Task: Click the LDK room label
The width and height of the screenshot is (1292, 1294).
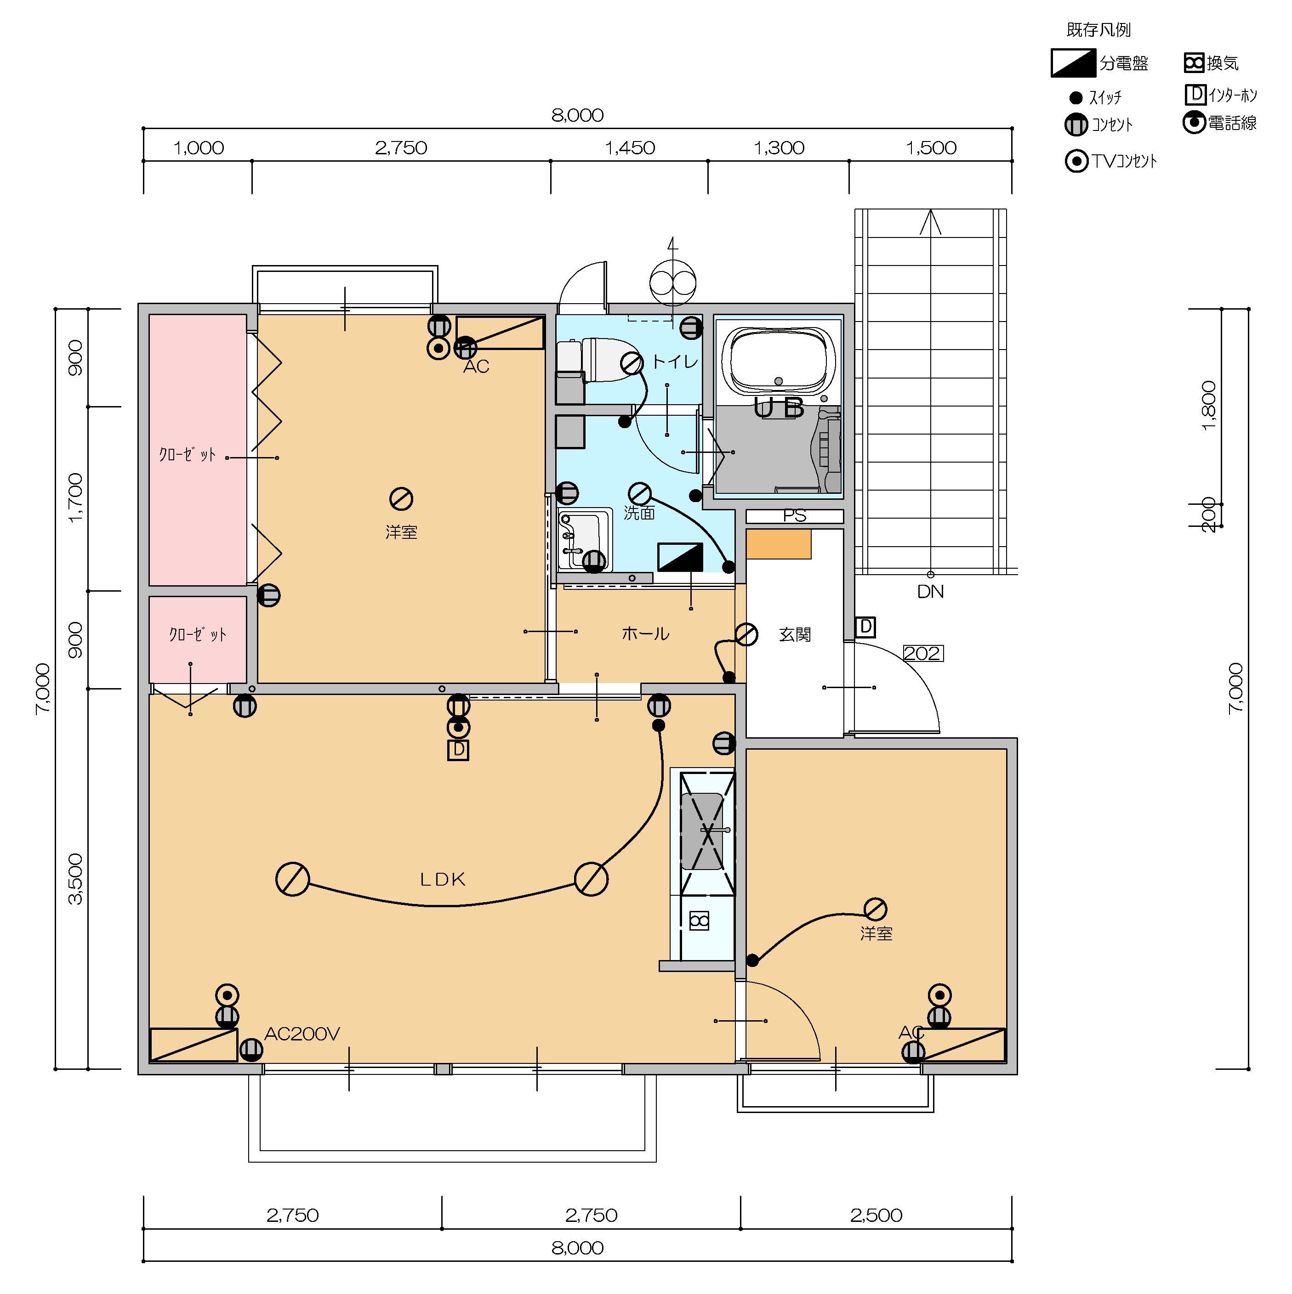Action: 442,879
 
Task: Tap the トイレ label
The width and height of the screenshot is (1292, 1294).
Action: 676,362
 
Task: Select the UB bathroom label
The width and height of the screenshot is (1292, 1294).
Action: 779,408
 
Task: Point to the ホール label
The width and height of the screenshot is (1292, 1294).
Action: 645,633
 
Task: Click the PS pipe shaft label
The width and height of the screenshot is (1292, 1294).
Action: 795,516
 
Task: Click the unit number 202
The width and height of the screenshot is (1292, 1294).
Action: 923,653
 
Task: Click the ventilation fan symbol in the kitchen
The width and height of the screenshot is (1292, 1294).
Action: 699,921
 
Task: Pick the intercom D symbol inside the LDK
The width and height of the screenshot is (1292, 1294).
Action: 458,750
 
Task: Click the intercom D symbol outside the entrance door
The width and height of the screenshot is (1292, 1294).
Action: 866,627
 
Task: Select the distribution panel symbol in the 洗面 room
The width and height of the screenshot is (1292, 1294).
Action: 680,557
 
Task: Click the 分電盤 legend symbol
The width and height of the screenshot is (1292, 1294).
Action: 1073,63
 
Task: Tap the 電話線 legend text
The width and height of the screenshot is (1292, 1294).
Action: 1232,123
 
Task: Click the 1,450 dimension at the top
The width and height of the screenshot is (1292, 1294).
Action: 630,147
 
